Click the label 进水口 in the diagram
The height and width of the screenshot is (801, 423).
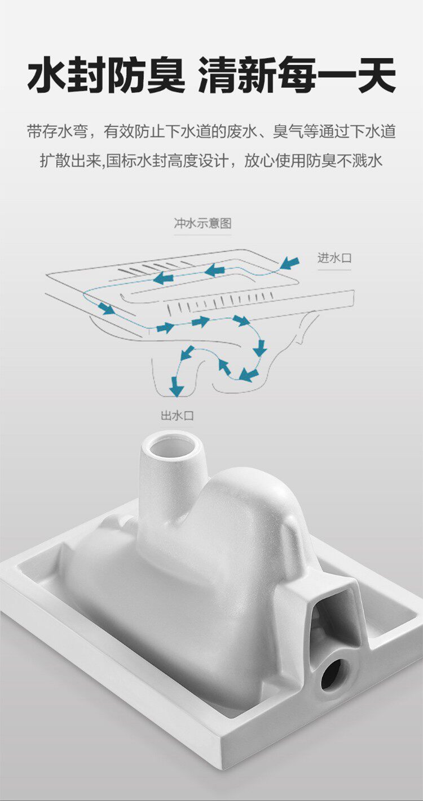click(x=334, y=258)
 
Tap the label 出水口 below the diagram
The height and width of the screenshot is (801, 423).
click(x=177, y=416)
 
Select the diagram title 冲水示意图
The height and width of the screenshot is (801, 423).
click(x=202, y=223)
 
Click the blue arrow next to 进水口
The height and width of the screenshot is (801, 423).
click(x=290, y=263)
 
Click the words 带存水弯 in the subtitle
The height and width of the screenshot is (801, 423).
click(x=58, y=132)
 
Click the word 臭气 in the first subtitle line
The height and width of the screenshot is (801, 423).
click(x=288, y=132)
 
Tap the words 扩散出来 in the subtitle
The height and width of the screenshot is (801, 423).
click(x=70, y=161)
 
